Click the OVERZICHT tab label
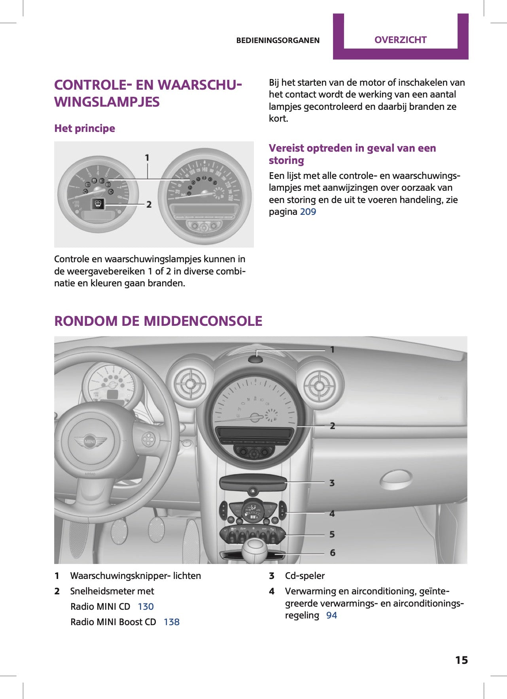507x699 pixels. click(x=400, y=40)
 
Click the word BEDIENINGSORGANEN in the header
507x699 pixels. click(x=278, y=40)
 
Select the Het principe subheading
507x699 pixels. click(x=85, y=128)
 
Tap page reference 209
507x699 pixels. click(x=308, y=212)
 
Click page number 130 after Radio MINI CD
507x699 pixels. click(x=146, y=607)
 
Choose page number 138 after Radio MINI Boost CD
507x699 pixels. click(x=171, y=622)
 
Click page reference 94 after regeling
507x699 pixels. click(x=331, y=615)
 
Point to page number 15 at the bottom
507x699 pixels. click(x=461, y=660)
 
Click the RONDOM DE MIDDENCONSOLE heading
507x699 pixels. click(x=158, y=321)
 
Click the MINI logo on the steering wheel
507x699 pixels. click(x=90, y=441)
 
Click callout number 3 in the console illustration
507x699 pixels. click(x=332, y=483)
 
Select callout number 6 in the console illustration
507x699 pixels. click(x=332, y=552)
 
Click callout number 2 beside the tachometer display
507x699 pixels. click(x=149, y=204)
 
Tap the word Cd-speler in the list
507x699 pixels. click(x=305, y=576)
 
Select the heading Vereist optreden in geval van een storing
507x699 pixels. click(x=352, y=154)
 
